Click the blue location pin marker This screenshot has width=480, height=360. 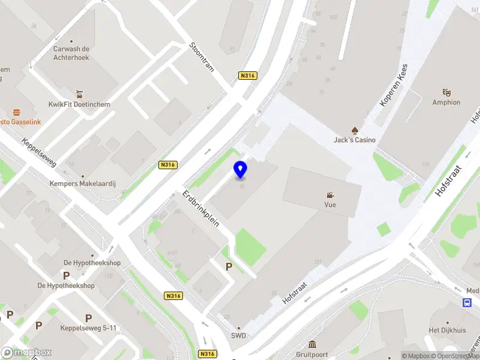240,170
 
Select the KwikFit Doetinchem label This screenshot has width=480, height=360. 79,104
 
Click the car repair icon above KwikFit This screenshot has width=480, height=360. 79,94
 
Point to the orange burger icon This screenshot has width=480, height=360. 16,112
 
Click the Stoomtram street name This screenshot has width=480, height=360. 202,57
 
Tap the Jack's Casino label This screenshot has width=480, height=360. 355,140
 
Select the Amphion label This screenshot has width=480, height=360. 446,103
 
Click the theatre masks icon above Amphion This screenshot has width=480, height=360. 446,92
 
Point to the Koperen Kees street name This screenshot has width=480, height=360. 394,85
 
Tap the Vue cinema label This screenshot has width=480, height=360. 330,205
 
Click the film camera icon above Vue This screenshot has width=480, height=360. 330,194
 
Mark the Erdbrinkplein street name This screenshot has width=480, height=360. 201,208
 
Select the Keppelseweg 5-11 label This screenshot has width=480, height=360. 88,328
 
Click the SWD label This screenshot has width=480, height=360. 239,336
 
